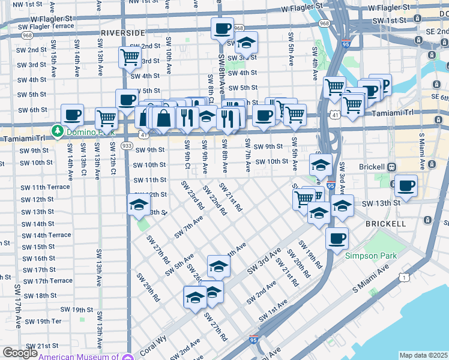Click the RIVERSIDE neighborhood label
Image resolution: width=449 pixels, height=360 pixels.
click(123, 32)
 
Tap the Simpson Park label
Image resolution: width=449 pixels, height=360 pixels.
click(371, 256)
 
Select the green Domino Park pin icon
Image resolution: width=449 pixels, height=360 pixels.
click(58, 130)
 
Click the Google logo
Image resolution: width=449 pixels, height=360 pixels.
click(19, 353)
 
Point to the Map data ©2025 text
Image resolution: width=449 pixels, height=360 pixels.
click(423, 355)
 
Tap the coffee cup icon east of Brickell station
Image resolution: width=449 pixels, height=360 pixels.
click(406, 186)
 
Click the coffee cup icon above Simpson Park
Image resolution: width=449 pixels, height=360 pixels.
click(337, 238)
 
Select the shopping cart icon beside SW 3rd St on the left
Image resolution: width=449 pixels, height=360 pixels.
click(130, 58)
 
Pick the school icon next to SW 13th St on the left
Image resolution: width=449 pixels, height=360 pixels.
click(139, 205)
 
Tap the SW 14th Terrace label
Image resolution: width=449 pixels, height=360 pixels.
click(44, 235)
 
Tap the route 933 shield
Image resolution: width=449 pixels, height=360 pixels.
click(127, 145)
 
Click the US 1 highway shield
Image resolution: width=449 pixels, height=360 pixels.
click(406, 277)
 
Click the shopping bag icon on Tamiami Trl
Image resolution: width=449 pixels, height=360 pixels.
click(163, 117)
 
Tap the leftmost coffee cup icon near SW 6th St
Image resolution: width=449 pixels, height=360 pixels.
click(72, 115)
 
